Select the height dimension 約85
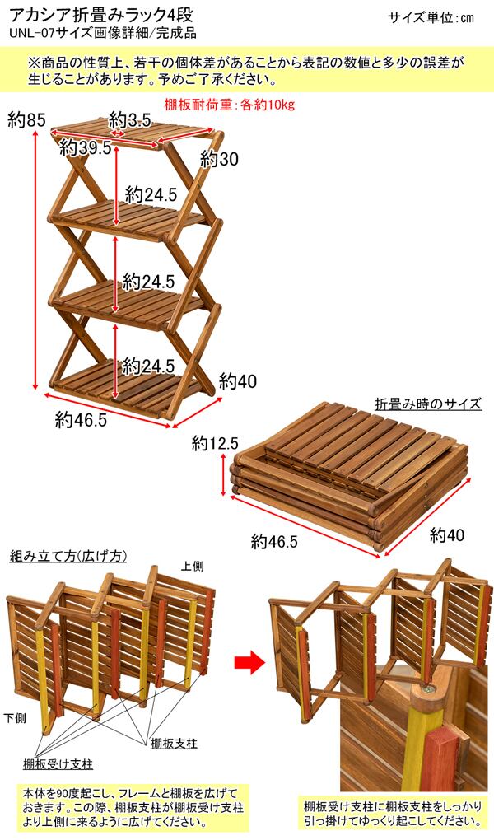click(x=26, y=120)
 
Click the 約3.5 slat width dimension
click(x=130, y=120)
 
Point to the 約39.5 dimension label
click(x=85, y=148)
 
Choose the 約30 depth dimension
click(x=218, y=159)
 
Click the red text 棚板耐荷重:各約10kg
click(x=229, y=105)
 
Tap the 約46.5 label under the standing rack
click(x=82, y=420)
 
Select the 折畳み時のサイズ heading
click(x=428, y=404)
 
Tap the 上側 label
click(x=193, y=566)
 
